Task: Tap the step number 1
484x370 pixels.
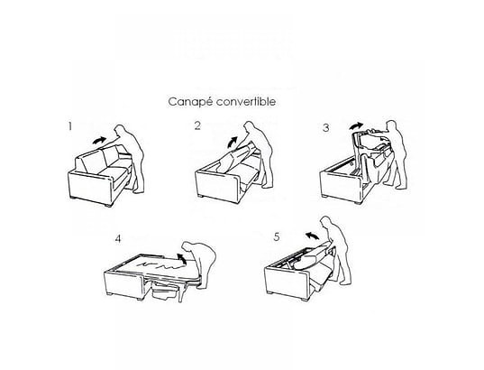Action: [x=70, y=126]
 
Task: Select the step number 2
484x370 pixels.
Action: [x=197, y=125]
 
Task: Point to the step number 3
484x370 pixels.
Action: [x=326, y=127]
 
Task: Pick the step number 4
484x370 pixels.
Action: [x=118, y=239]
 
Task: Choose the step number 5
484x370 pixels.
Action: [x=277, y=236]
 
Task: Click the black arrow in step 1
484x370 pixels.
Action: [x=99, y=141]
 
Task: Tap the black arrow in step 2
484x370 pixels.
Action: [x=233, y=143]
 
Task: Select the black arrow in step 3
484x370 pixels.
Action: [x=356, y=125]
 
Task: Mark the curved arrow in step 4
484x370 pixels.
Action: [x=182, y=258]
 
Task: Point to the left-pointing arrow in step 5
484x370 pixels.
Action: [x=312, y=236]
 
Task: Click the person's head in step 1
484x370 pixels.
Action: [x=119, y=130]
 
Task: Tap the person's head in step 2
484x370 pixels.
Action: [x=249, y=126]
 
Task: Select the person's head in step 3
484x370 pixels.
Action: [x=391, y=125]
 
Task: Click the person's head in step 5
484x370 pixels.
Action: [x=325, y=222]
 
